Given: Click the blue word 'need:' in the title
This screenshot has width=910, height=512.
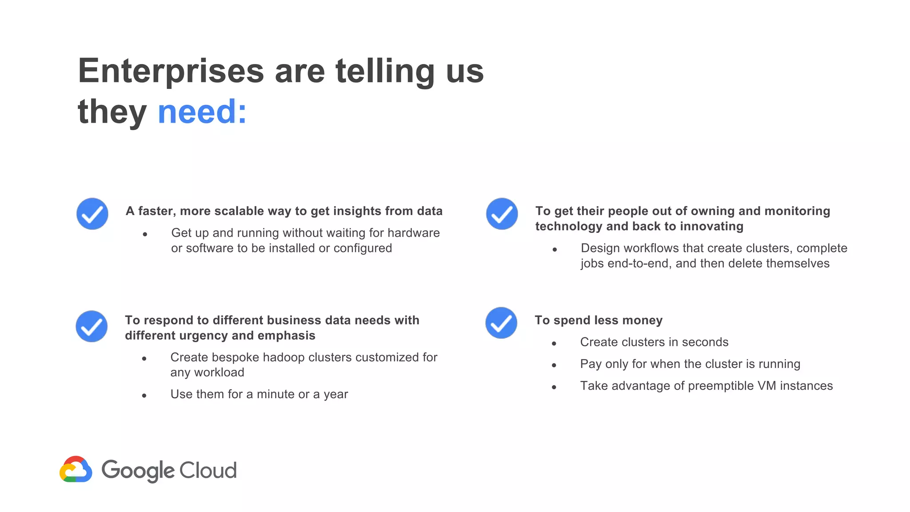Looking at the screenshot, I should [x=202, y=112].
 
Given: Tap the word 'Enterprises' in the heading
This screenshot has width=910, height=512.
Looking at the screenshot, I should [x=171, y=71].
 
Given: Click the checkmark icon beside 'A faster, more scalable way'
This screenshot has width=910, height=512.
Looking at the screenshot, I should [x=92, y=214].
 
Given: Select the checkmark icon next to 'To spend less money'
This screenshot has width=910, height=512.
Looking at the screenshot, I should [x=501, y=323].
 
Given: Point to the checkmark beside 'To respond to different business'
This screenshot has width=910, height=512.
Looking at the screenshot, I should [x=92, y=326].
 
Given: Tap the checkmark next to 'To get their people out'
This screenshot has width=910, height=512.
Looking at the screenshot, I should [x=502, y=214].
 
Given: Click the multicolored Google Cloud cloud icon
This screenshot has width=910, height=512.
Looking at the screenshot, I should [x=76, y=469].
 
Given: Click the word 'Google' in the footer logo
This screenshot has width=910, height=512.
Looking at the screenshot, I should [x=138, y=471].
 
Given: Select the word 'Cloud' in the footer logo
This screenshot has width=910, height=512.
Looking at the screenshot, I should [x=208, y=470].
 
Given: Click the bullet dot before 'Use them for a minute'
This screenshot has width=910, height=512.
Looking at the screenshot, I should [x=144, y=396].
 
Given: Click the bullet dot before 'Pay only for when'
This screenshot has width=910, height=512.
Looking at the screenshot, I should [x=554, y=365].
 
